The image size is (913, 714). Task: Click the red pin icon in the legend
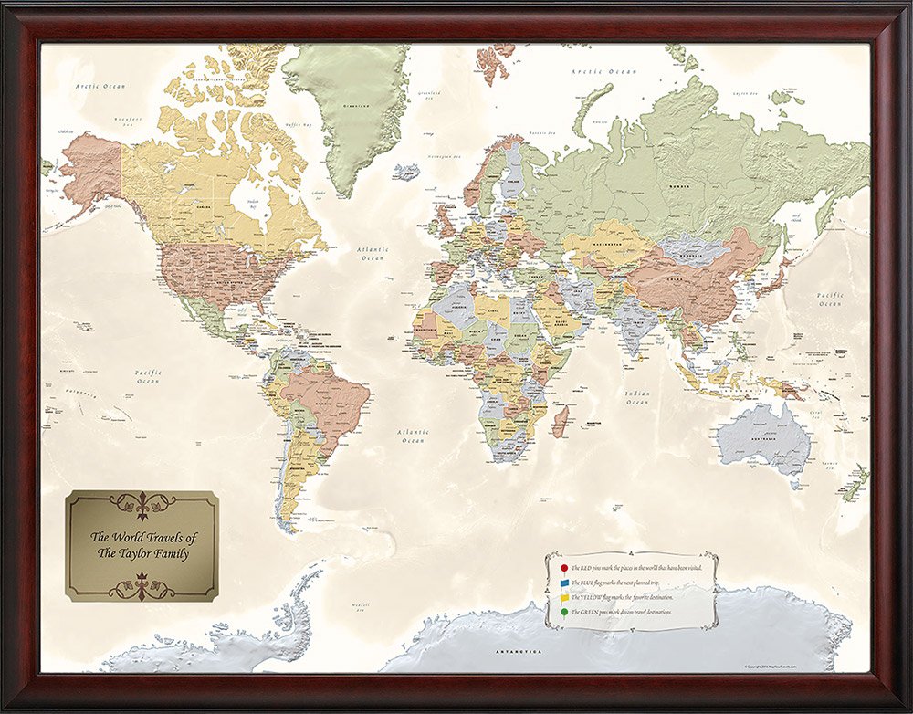click(x=564, y=568)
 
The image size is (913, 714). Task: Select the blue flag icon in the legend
click(x=564, y=583)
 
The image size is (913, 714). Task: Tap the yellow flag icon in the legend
click(x=564, y=597)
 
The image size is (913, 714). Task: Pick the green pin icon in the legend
click(x=564, y=612)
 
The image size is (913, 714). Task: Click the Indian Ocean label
click(x=637, y=397)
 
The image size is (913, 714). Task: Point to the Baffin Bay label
click(x=298, y=124)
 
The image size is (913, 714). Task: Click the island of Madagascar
click(x=560, y=422)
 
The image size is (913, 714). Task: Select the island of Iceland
click(x=406, y=171)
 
